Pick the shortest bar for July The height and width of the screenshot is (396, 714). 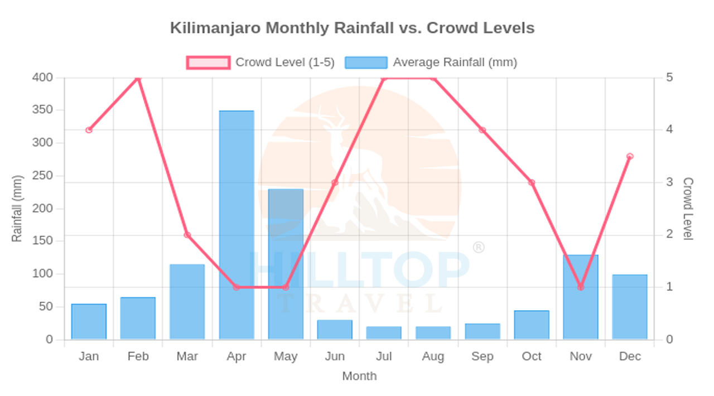pos(384,333)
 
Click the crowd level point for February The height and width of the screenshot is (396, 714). pos(138,78)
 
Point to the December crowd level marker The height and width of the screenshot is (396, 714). pos(630,157)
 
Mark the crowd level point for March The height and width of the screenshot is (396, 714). pos(187,235)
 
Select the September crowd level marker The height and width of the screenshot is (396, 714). pos(483,130)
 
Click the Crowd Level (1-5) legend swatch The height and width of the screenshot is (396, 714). pos(208,62)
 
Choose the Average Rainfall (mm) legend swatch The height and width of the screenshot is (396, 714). pos(366,62)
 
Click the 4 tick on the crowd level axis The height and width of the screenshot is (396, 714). pos(669,129)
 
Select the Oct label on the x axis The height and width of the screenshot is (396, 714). pos(532,356)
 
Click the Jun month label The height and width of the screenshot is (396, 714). pos(335,356)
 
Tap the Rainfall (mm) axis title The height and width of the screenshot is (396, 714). pos(17,209)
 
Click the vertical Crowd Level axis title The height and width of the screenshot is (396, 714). pos(688,209)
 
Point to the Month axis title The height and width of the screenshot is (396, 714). pos(359,376)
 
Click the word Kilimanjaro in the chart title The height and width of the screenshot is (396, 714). pos(215,28)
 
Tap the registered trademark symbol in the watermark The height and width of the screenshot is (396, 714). pos(479,248)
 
